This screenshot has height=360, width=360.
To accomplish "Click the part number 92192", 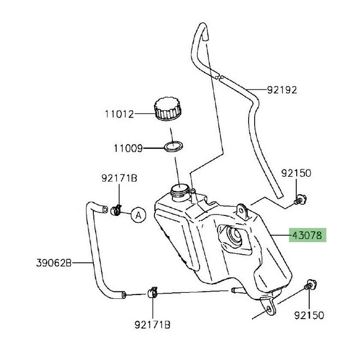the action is click(x=282, y=90).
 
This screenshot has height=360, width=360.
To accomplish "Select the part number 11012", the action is click(x=119, y=114).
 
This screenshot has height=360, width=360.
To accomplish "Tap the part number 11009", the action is click(x=128, y=148).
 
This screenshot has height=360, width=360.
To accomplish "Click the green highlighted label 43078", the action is click(x=308, y=235).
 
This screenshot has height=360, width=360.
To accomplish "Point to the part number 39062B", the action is click(x=54, y=263).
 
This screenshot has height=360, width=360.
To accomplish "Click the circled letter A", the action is click(x=139, y=215).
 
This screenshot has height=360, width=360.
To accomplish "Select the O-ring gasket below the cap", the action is click(x=174, y=146).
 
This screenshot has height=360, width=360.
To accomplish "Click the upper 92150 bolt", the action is click(x=300, y=199).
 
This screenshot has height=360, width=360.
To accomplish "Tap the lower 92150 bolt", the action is click(x=310, y=285).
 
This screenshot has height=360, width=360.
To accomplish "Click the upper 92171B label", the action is click(x=119, y=178).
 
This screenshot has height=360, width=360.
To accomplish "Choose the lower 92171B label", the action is click(x=152, y=325).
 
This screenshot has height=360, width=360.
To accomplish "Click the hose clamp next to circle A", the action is click(x=116, y=210).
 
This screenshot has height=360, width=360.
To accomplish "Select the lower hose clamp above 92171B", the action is click(x=152, y=292).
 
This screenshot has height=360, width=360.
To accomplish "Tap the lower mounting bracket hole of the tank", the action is click(x=269, y=310).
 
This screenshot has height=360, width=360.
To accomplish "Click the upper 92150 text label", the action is click(x=296, y=173).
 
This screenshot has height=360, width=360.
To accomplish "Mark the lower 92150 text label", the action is click(x=309, y=315).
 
